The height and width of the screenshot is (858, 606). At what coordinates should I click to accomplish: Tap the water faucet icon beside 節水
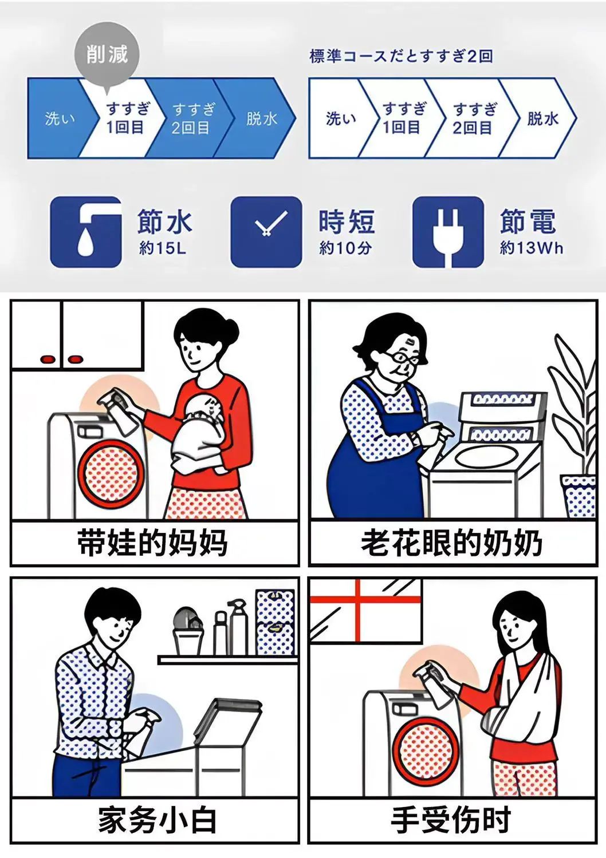tap(86, 232)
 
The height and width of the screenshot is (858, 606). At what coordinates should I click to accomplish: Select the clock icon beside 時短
tap(266, 232)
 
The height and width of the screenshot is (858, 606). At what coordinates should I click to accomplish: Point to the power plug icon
tap(448, 232)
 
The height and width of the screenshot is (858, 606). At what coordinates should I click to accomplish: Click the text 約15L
tap(163, 248)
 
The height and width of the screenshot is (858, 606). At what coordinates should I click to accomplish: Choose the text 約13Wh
tap(532, 248)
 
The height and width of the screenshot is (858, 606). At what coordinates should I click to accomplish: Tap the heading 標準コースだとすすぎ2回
tap(401, 56)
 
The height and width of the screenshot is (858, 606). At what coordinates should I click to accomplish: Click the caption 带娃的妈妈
tap(152, 543)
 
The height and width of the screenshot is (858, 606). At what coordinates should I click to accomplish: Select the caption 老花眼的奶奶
tap(451, 543)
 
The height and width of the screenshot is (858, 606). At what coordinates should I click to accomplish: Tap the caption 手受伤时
tap(451, 819)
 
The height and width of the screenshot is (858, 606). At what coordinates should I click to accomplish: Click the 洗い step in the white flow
tap(340, 118)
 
